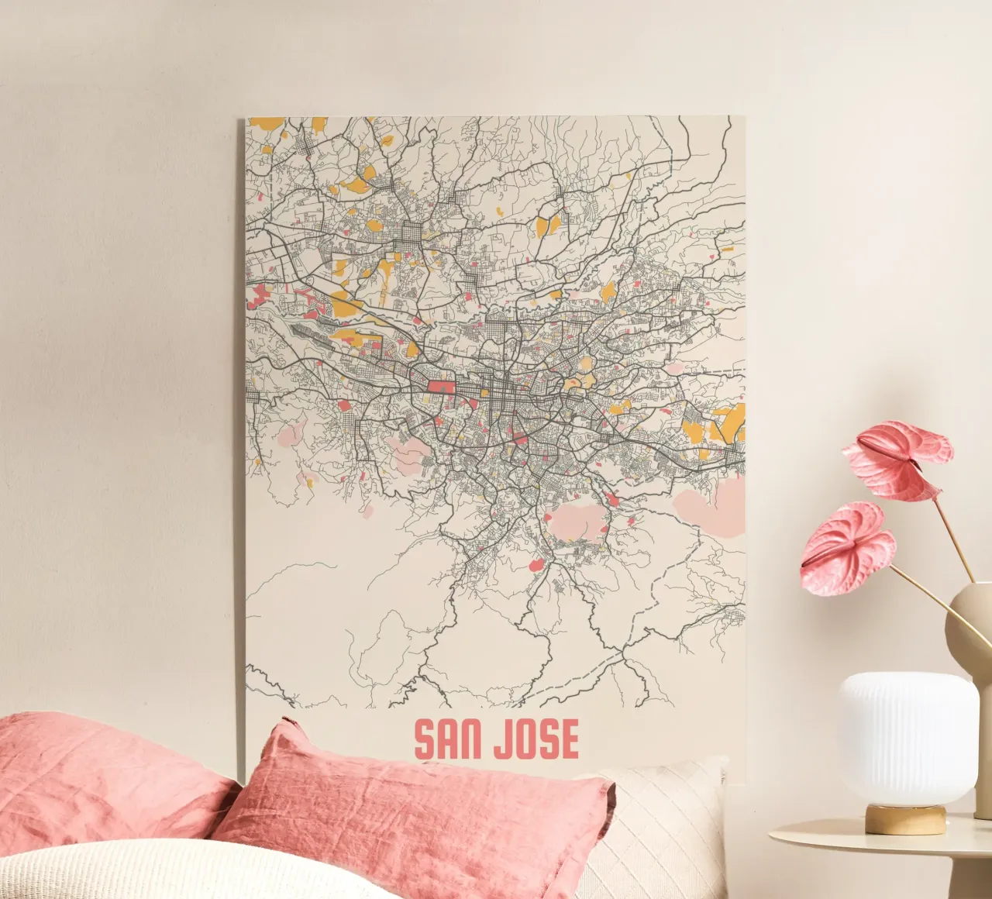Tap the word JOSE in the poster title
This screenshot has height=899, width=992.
tap(536, 740)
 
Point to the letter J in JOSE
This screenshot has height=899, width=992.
tap(504, 740)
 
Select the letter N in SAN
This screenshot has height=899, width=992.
tap(476, 740)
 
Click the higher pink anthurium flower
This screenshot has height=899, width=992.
tap(899, 457)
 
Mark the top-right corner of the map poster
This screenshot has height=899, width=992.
tap(743, 117)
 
